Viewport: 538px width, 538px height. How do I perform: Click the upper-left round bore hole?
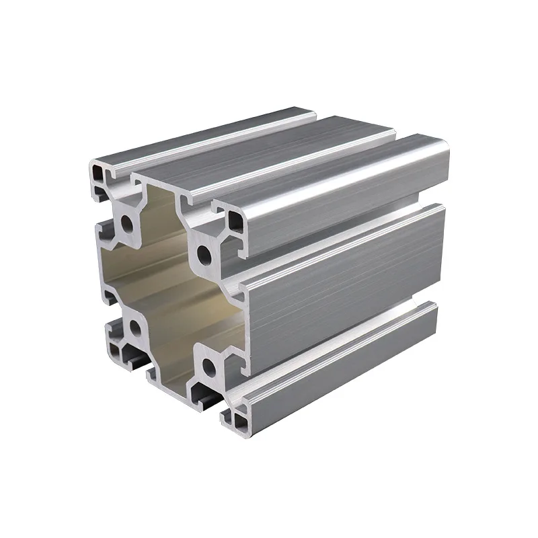click(x=126, y=224)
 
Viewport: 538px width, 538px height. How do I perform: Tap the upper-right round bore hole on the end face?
click(x=204, y=254)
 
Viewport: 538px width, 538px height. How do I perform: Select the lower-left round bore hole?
click(x=134, y=329)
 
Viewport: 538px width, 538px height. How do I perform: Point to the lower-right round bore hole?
click(x=209, y=367)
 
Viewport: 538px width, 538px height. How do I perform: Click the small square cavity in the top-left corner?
click(x=100, y=176)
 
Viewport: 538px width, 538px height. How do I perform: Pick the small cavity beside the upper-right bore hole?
click(x=235, y=223)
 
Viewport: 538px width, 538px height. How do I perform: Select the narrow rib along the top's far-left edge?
click(x=202, y=134)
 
